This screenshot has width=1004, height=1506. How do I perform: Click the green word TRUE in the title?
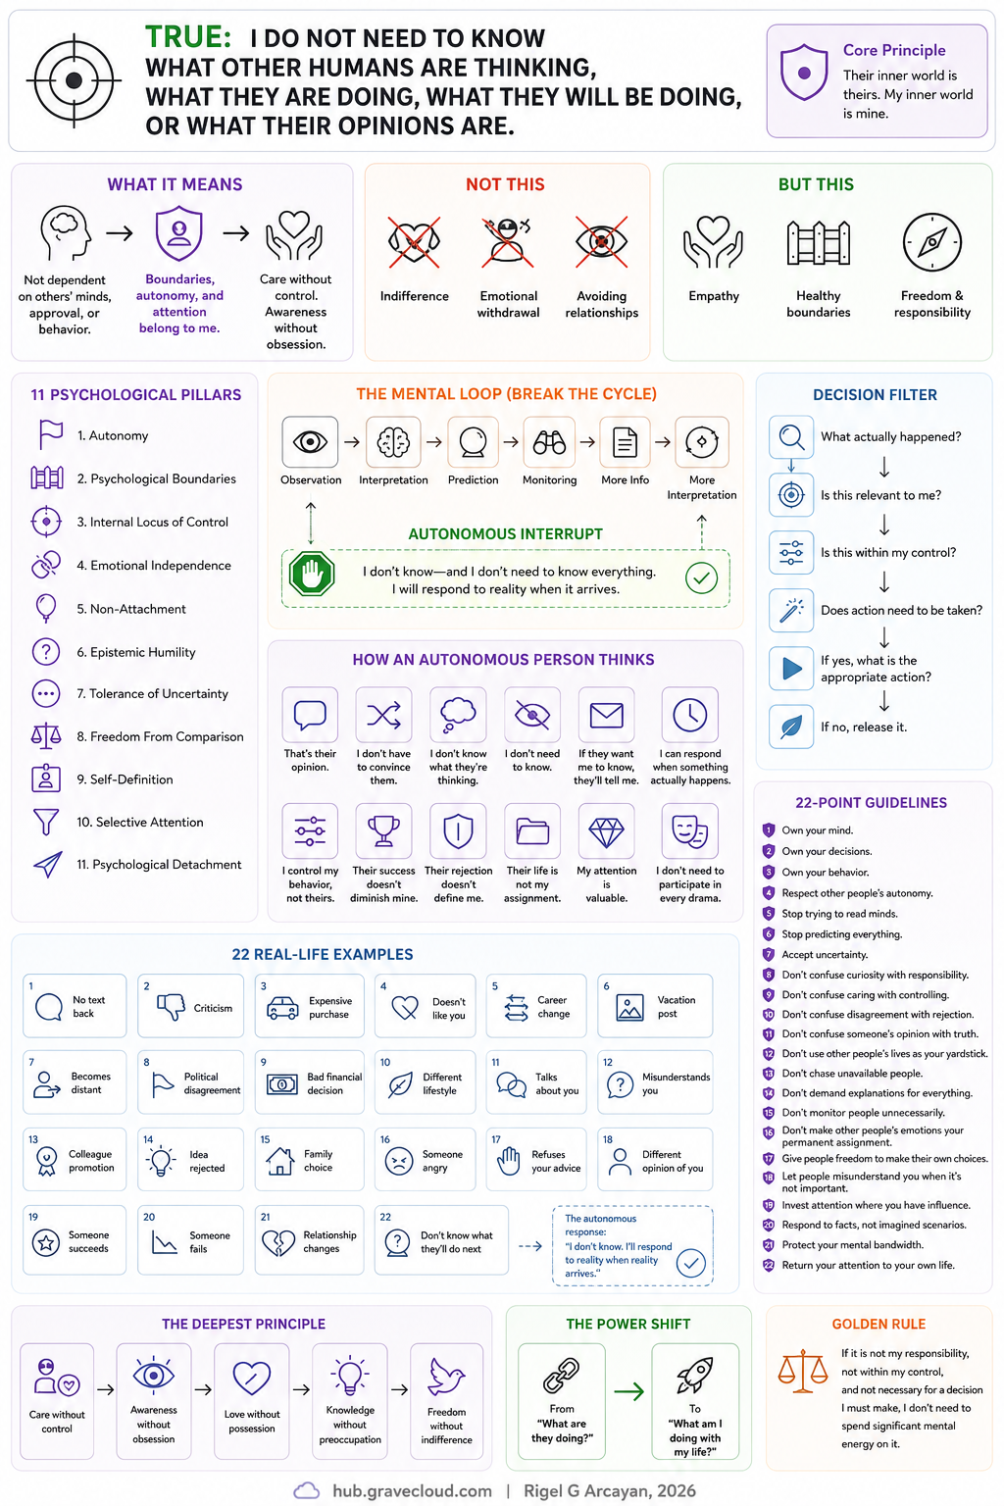tap(187, 37)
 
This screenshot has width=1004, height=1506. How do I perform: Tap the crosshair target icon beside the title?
tap(74, 80)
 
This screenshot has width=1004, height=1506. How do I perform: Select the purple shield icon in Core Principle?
tap(804, 73)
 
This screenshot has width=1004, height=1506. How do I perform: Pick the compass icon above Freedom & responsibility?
tap(932, 242)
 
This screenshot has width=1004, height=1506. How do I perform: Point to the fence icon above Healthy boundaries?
tap(819, 243)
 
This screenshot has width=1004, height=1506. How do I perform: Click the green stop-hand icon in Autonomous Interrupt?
tap(312, 575)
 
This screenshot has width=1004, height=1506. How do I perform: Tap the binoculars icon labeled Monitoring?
tap(549, 442)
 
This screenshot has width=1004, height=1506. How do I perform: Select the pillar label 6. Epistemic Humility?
tap(136, 652)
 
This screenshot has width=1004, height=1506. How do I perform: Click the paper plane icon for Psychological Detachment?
tap(48, 865)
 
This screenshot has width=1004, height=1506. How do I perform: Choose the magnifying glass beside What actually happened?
tap(791, 437)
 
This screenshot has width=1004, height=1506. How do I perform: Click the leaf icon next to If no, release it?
tap(791, 727)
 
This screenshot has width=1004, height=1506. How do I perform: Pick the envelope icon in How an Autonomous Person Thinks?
tap(606, 716)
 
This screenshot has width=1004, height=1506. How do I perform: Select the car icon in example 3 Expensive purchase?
tap(282, 1009)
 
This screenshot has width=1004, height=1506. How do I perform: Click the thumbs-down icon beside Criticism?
tap(171, 1007)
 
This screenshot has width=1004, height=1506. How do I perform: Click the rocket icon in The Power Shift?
tap(695, 1375)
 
